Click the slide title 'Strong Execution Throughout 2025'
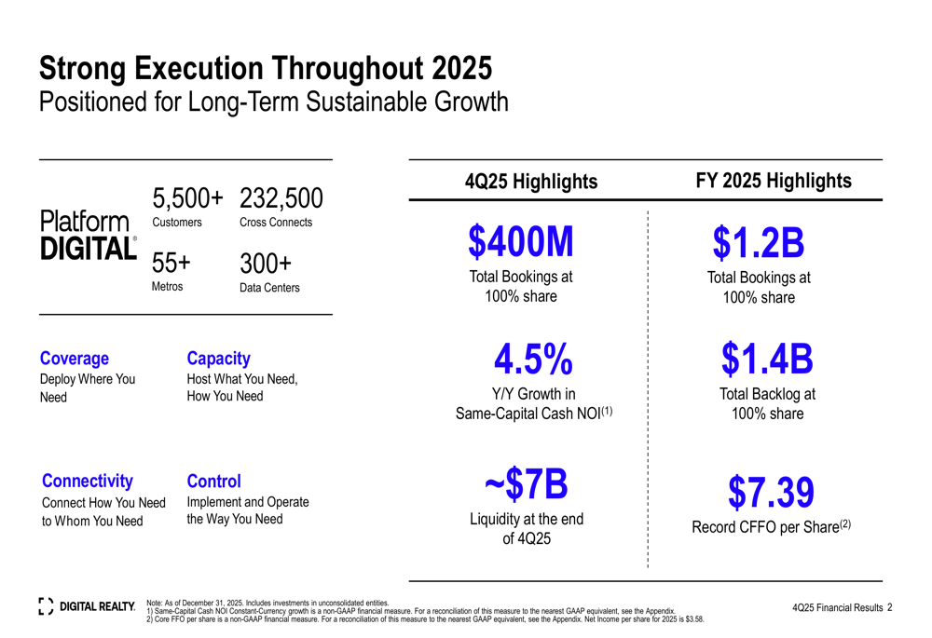point(266,68)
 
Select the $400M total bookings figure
point(521,242)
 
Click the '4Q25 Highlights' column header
point(530,183)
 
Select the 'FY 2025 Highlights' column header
point(774,181)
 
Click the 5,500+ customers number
point(188,198)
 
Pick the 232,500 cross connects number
point(281,198)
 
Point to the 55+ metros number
point(171,263)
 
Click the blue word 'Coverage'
point(75,359)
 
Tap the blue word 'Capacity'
point(219,359)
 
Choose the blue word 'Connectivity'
point(88,481)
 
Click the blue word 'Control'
point(213,481)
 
